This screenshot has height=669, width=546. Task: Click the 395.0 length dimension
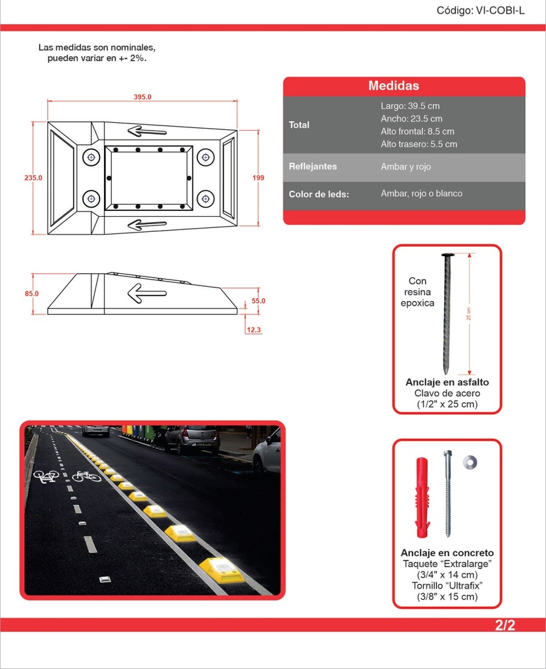(143, 97)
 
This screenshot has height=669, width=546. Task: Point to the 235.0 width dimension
(33, 178)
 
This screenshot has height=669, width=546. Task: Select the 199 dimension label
(258, 178)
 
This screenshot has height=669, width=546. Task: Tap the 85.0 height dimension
(31, 293)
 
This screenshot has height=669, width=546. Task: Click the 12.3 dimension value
(254, 330)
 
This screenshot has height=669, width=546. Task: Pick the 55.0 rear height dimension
(258, 301)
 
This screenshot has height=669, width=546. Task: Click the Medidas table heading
(394, 86)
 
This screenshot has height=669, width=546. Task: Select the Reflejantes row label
(313, 167)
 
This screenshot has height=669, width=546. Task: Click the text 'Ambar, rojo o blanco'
(421, 193)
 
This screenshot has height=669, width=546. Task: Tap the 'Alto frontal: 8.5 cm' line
(417, 131)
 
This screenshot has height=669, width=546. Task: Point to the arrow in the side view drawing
(147, 293)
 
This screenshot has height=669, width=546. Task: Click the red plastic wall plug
(422, 497)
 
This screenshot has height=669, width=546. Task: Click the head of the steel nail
(448, 255)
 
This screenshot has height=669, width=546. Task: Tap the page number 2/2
(505, 625)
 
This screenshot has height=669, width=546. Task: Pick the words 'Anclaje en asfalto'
(447, 382)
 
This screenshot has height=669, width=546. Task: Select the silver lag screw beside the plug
(447, 494)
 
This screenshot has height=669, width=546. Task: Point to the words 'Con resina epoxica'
(417, 292)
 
